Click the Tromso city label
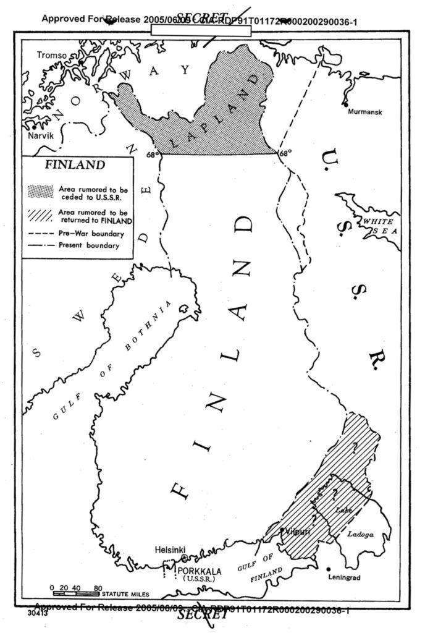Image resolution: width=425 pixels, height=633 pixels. tap(51, 56)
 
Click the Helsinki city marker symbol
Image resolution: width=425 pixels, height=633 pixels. tap(184, 558)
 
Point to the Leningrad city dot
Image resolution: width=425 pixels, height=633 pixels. tap(329, 568)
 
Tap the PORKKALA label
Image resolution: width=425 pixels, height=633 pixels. tap(200, 571)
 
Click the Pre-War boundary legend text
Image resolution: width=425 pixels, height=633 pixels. tap(91, 234)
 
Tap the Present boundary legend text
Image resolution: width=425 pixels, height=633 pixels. tap(88, 245)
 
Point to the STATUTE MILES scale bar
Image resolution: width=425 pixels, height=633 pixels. tap(77, 593)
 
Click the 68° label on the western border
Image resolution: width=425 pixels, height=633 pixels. tap(152, 155)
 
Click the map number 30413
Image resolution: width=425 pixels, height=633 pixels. tap(37, 615)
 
